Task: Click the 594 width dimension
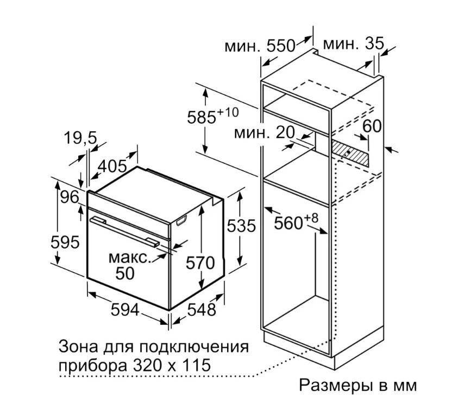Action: (x=125, y=310)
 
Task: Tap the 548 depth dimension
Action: (x=202, y=310)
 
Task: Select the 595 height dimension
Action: (x=65, y=242)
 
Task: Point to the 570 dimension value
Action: (x=200, y=263)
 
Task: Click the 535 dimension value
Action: (x=241, y=226)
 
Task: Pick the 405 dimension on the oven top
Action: (x=112, y=167)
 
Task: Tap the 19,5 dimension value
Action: (x=80, y=138)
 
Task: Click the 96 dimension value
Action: (x=70, y=197)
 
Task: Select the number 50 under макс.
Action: (x=125, y=273)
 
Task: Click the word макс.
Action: (x=130, y=258)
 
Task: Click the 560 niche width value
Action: (x=288, y=223)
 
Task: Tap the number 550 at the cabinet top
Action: (x=281, y=46)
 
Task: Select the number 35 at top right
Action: (x=374, y=44)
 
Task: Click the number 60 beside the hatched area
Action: (x=372, y=126)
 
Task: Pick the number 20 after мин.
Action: (x=285, y=133)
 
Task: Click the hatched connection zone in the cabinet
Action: (x=349, y=153)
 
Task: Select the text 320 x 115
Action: (x=171, y=365)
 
